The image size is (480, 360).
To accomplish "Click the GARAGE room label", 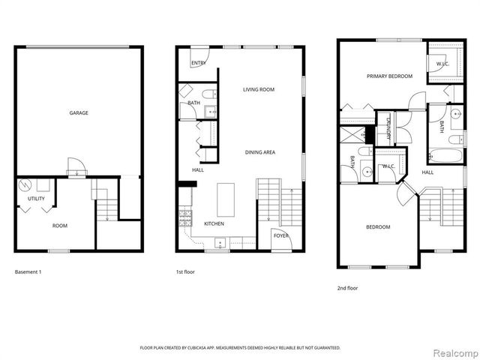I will point(79,113).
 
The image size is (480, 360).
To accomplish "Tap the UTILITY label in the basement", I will point(36,199).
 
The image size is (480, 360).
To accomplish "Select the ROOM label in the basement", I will point(60,225).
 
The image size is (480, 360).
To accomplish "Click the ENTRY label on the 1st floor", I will point(199,64).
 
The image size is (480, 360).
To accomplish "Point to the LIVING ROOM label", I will point(258,90).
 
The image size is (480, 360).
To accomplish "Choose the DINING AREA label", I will point(260,152).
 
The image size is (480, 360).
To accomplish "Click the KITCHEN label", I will point(214,224).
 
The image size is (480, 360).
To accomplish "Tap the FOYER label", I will point(280,235).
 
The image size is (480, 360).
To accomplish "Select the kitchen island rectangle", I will point(225,198).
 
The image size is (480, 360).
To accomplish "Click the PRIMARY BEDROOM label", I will point(389,76).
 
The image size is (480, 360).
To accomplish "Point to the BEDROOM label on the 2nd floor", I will point(377,226).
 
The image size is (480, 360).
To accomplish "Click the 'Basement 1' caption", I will point(28,271).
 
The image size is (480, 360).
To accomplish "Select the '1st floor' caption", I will point(184,271).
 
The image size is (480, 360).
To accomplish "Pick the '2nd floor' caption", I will point(347,287).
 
